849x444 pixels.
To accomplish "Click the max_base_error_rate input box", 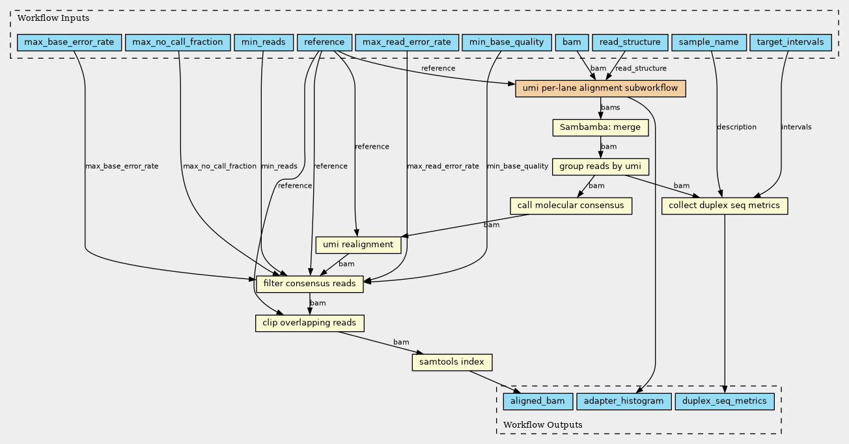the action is click(x=70, y=42).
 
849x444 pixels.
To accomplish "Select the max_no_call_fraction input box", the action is click(x=178, y=42).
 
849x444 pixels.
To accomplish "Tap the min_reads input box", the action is click(x=264, y=42).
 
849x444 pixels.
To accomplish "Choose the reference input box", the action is click(x=324, y=42).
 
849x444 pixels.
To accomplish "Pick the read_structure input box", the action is click(x=630, y=42).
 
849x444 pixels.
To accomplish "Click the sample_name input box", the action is click(x=709, y=42).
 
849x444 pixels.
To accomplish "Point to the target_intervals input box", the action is click(x=790, y=42).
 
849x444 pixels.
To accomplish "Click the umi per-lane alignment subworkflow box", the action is click(x=600, y=89).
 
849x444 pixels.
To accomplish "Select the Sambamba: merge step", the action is click(x=600, y=128).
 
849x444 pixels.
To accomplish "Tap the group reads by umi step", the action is click(x=600, y=167).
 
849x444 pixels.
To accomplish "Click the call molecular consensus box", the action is click(x=571, y=205).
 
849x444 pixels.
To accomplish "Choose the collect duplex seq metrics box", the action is click(x=725, y=205).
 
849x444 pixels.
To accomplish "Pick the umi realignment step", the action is click(x=358, y=244).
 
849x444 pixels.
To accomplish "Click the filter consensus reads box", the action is click(x=310, y=284).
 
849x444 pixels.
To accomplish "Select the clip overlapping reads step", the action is click(x=310, y=323).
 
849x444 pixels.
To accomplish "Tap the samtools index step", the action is click(x=452, y=362).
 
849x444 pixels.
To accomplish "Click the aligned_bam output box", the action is click(x=538, y=402).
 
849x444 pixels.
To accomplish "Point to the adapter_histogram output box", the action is click(x=624, y=402).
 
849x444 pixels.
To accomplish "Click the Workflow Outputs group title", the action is click(x=543, y=424).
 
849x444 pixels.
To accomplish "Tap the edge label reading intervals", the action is click(x=796, y=127).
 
